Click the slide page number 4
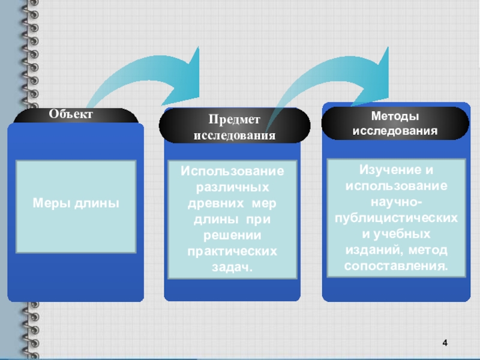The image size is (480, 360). pos(445,343)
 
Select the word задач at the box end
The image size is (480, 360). pos(230,265)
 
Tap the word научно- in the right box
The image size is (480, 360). pos(395,201)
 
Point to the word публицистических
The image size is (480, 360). pos(395,217)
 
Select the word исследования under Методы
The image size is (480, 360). pos(395,130)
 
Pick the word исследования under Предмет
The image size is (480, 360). pos(235,136)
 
